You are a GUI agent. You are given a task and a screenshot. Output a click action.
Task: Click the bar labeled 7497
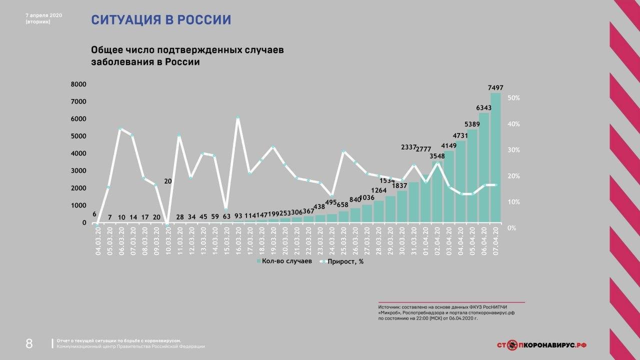click(x=495, y=157)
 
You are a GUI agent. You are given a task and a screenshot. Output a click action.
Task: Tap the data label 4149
click(x=448, y=146)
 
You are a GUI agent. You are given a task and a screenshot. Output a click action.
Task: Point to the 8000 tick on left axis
click(x=79, y=84)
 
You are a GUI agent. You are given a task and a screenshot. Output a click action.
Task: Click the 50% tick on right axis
click(x=514, y=98)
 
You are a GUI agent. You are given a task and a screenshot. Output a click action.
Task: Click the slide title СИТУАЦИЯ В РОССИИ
click(x=160, y=20)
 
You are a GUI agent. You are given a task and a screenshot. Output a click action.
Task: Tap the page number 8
click(x=29, y=343)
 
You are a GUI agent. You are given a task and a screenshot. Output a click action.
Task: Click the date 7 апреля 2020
click(x=43, y=15)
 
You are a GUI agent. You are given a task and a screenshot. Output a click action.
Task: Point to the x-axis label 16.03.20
click(x=238, y=241)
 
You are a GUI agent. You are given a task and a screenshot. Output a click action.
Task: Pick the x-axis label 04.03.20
click(x=97, y=241)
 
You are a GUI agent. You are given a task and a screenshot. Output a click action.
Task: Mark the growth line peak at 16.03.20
click(x=238, y=118)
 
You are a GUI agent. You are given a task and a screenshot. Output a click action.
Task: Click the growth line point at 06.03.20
click(x=120, y=129)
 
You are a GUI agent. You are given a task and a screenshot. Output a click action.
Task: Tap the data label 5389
click(x=472, y=123)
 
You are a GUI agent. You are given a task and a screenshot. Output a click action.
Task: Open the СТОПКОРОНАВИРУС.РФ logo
click(x=542, y=344)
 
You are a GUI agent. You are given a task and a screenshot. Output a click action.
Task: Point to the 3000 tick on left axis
click(x=79, y=170)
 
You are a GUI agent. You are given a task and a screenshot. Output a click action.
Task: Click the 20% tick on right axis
click(x=514, y=176)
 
